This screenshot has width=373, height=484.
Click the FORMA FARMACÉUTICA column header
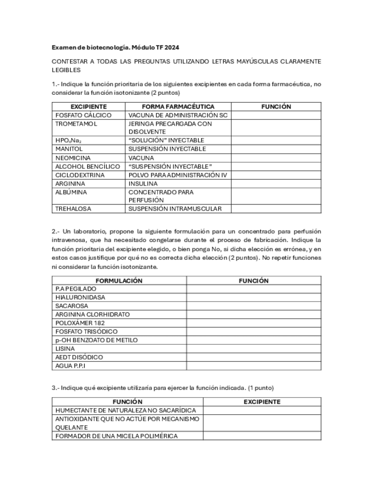point(178,107)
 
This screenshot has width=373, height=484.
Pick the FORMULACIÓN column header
point(119,280)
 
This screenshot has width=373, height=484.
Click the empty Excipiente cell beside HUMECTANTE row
point(261,410)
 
